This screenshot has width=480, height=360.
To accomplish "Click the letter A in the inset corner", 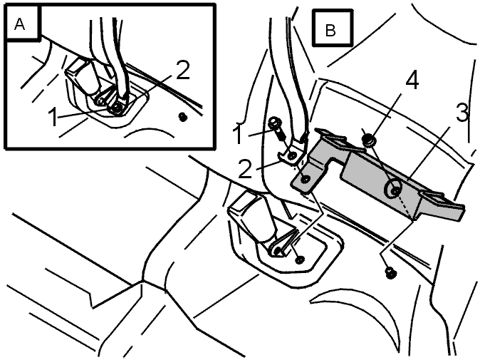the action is pyautogui.click(x=19, y=24).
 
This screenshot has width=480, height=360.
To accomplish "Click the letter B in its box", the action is pyautogui.click(x=330, y=30).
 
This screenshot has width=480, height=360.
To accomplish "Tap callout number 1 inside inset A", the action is pyautogui.click(x=53, y=117).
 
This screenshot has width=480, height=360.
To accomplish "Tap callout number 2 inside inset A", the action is pyautogui.click(x=182, y=70).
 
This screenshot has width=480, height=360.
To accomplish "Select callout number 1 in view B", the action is pyautogui.click(x=238, y=134).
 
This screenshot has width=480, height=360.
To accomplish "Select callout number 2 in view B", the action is pyautogui.click(x=245, y=168).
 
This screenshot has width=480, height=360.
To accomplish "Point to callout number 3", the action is pyautogui.click(x=461, y=113).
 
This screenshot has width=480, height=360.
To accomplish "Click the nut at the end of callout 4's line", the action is pyautogui.click(x=369, y=140).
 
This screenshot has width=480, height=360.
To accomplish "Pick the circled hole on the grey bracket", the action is pyautogui.click(x=395, y=190).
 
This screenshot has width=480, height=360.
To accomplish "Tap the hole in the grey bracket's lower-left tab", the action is pyautogui.click(x=306, y=179).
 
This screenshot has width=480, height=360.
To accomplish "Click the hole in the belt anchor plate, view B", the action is pyautogui.click(x=292, y=155).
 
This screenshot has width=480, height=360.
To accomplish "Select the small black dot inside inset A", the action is pyautogui.click(x=183, y=117).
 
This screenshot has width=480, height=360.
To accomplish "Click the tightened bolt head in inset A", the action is pyautogui.click(x=117, y=108).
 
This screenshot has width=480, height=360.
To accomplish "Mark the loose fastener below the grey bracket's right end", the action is pyautogui.click(x=390, y=272).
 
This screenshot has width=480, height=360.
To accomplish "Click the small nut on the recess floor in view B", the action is pyautogui.click(x=299, y=259).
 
